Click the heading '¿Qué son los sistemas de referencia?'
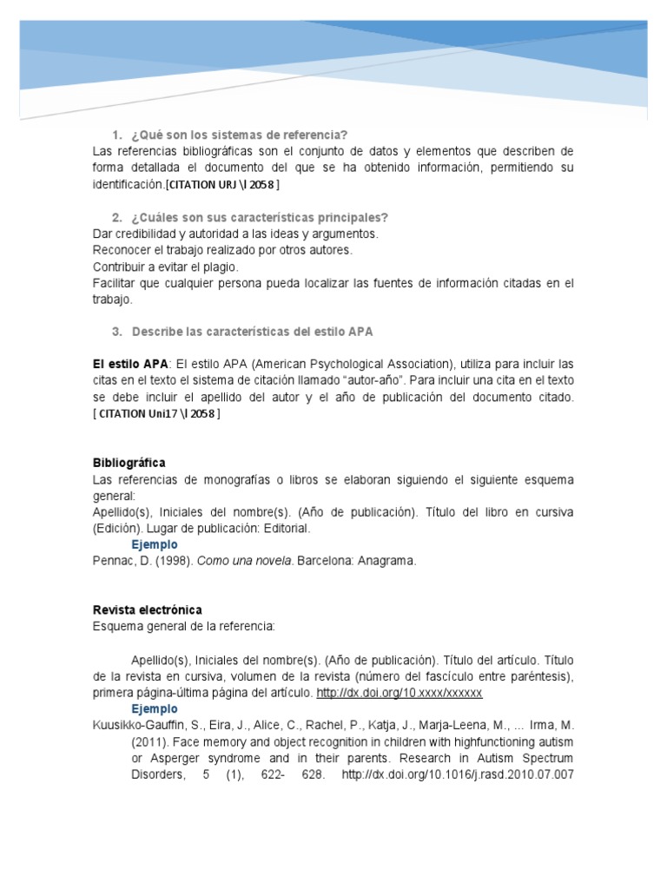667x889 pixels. [x=239, y=135]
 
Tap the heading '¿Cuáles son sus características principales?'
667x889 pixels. [x=260, y=217]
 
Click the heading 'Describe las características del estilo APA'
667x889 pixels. [x=252, y=332]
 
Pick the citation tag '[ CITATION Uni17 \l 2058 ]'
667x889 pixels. [x=157, y=414]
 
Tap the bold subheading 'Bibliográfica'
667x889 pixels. [x=129, y=463]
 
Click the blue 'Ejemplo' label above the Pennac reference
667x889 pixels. [x=155, y=544]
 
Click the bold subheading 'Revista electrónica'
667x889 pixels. [x=147, y=609]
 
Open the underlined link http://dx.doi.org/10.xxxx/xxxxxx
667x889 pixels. [x=399, y=693]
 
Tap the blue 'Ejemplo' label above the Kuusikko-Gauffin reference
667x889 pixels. [x=155, y=708]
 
